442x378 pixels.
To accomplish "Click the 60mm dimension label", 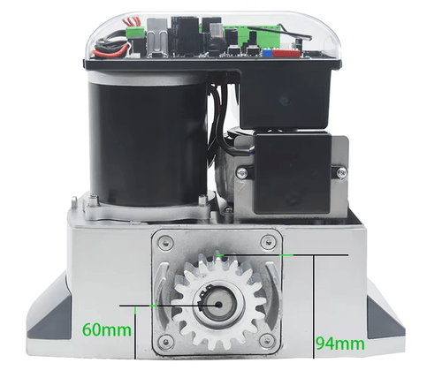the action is (107, 329).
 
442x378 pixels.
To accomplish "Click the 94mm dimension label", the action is (340, 344).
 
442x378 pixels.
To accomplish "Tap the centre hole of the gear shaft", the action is (218, 305).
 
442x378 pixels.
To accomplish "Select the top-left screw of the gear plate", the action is (165, 243).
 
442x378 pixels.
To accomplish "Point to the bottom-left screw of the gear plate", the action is (165, 341).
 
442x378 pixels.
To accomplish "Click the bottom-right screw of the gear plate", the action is (268, 341).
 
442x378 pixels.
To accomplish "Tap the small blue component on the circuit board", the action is (268, 53).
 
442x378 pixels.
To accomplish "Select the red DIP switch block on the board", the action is (286, 53).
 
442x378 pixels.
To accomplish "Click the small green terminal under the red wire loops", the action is (135, 32).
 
